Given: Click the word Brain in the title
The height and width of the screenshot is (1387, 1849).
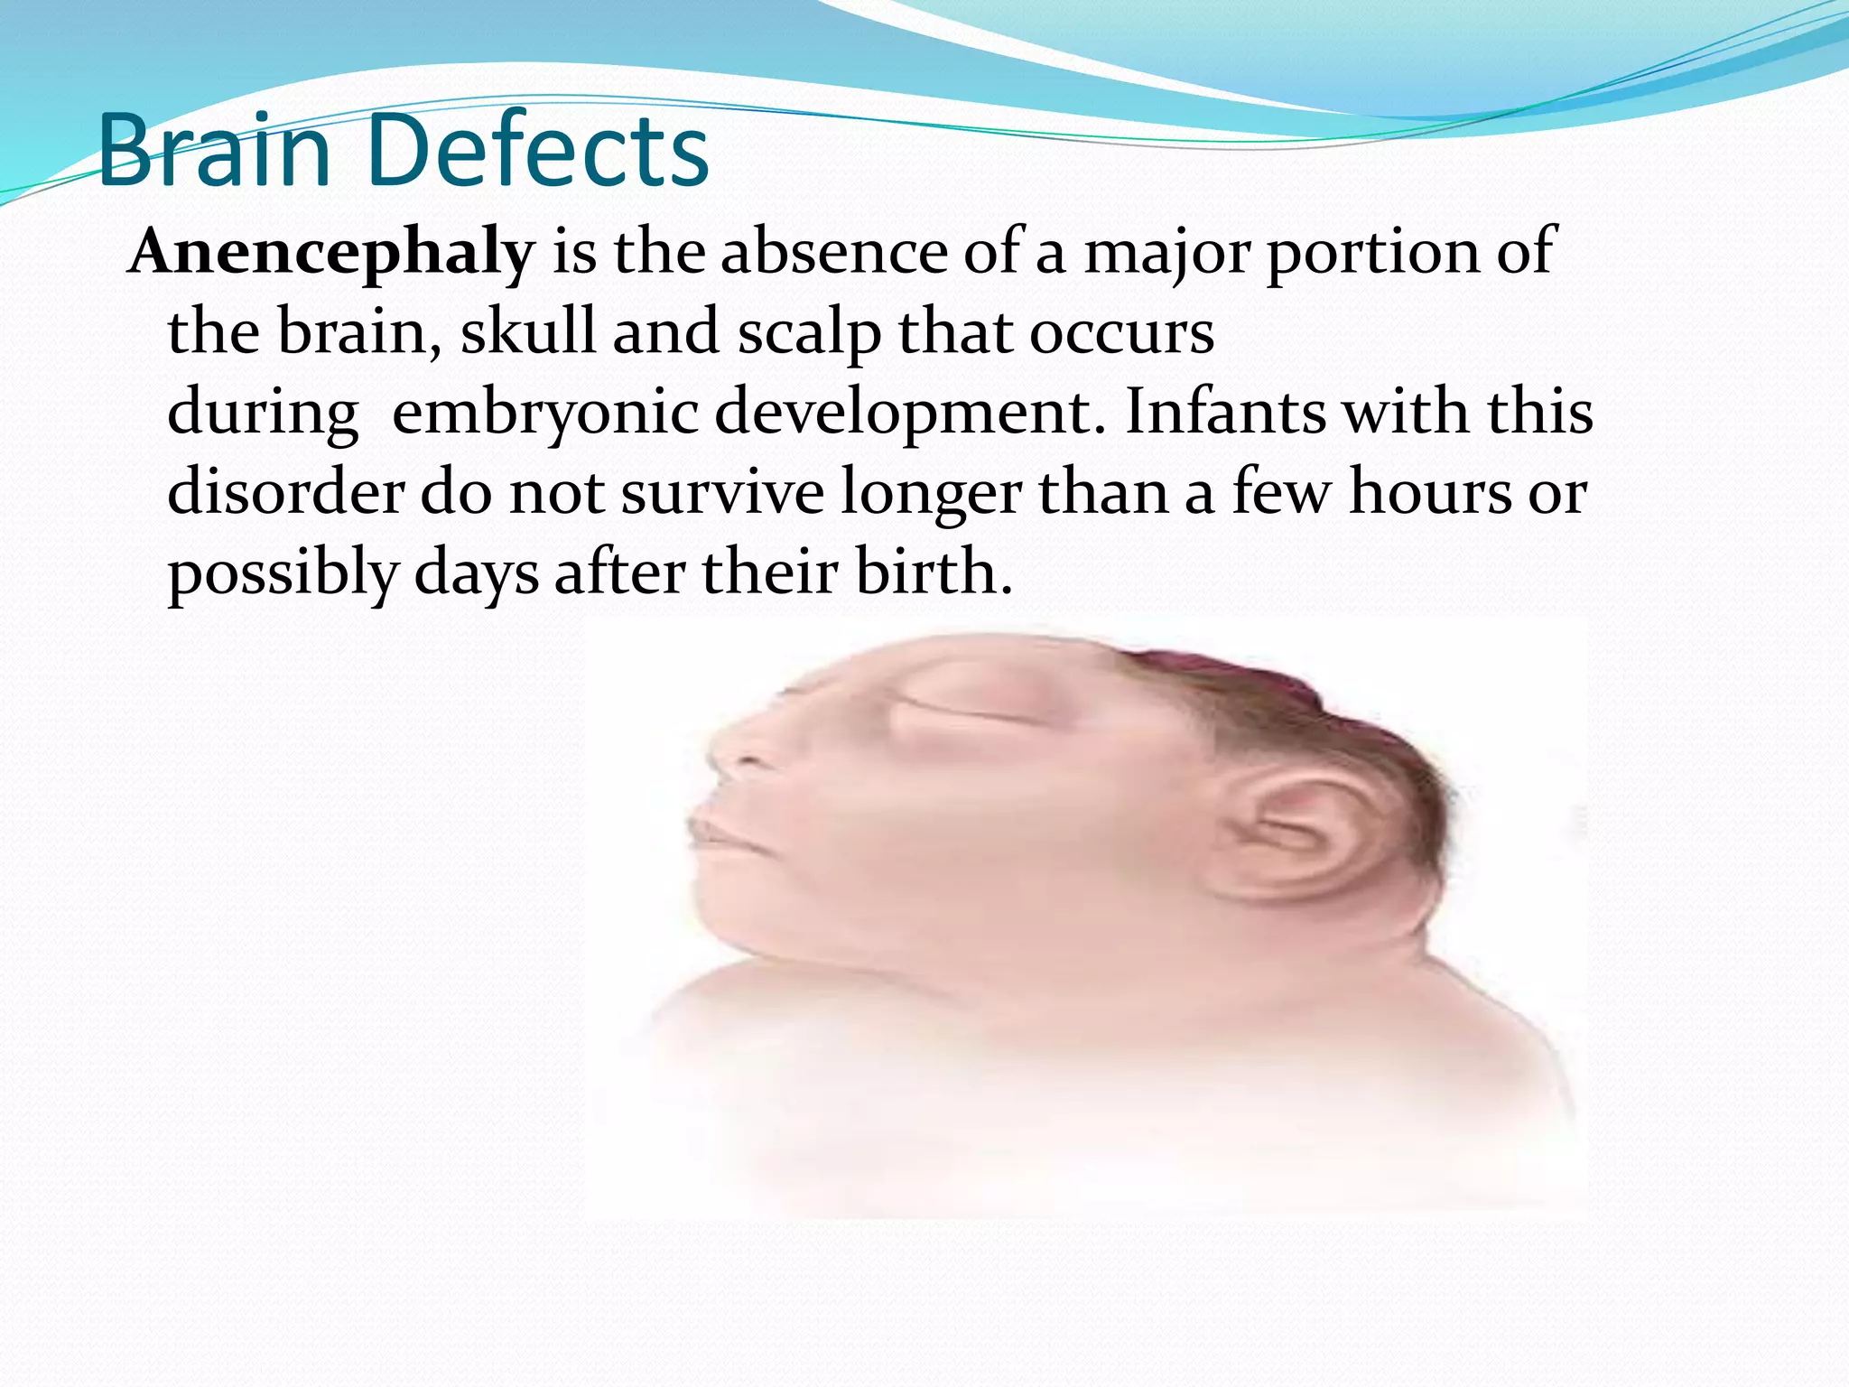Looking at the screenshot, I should click(215, 152).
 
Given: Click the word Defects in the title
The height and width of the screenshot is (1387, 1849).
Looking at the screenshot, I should click(539, 152).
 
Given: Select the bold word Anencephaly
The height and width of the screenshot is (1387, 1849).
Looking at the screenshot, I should click(332, 253).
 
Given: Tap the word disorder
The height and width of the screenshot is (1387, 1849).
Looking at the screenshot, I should click(285, 493).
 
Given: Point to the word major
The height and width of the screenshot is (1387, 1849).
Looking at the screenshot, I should click(1166, 253).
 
